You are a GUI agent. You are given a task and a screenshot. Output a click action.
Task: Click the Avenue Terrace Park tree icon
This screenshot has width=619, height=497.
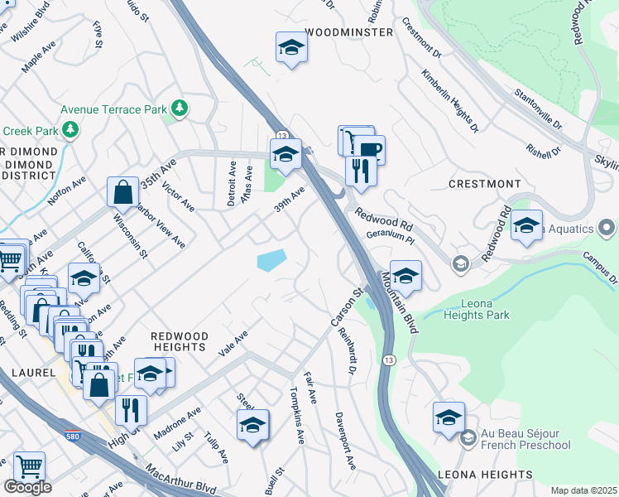click(179, 109)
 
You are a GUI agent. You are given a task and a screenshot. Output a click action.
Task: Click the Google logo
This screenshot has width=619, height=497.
click(26, 486)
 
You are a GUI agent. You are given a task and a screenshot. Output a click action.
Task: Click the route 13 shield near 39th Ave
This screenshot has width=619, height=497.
click(282, 135)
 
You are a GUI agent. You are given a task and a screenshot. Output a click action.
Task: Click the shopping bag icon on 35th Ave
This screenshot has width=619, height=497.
click(122, 192)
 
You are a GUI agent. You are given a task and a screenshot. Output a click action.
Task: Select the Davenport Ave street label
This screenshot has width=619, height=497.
click(344, 441)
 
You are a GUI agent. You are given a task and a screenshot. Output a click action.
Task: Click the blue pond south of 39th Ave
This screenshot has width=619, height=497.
click(271, 260)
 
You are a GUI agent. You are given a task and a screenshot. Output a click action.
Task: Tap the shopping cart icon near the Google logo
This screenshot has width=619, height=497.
click(28, 466)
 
